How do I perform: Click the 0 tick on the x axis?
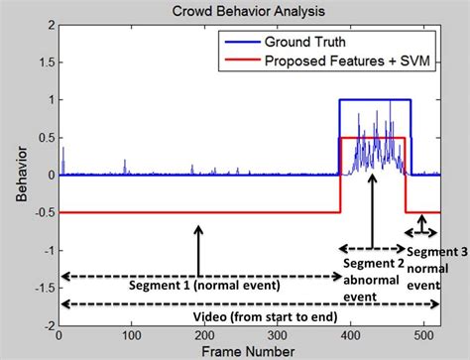tap(61, 336)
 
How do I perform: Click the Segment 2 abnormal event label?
tap(371, 277)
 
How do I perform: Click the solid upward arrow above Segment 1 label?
tap(199, 249)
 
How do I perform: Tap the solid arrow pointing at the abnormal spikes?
tap(371, 207)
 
